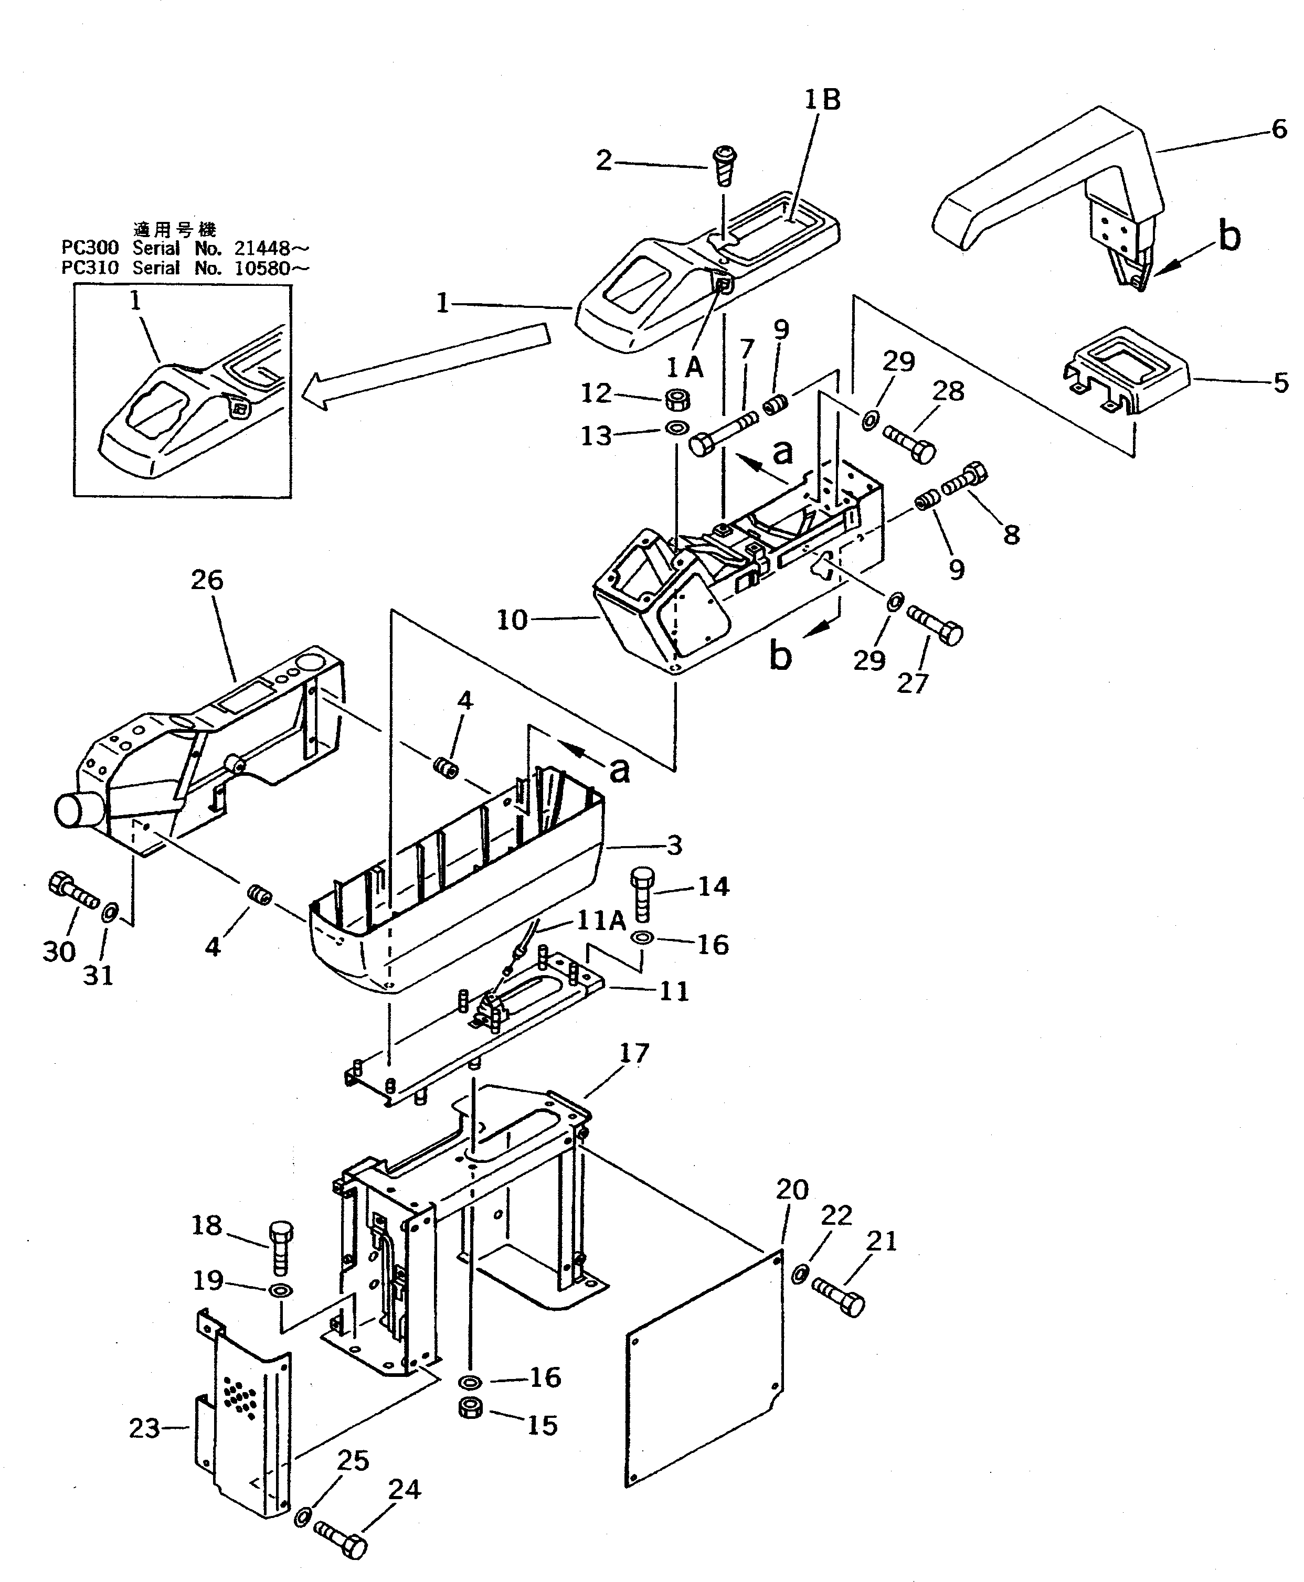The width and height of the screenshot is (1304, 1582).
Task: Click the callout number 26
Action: click(x=207, y=580)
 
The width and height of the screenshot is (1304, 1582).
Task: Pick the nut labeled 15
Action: click(x=470, y=1408)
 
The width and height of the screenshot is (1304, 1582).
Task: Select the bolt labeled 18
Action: click(x=280, y=1247)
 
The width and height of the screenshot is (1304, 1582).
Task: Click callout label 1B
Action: click(x=822, y=100)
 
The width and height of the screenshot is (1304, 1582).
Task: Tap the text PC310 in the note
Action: click(x=89, y=268)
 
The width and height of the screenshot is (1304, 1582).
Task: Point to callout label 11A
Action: click(x=600, y=921)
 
